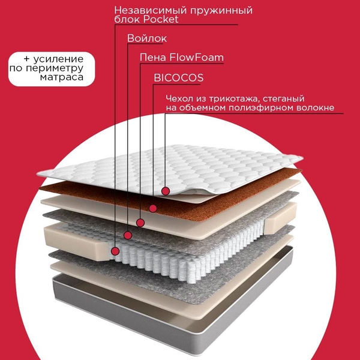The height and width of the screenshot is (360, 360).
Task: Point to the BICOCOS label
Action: [x=178, y=77]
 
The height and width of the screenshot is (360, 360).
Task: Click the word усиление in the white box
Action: [x=58, y=59]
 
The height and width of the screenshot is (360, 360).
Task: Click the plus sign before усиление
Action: [x=26, y=59]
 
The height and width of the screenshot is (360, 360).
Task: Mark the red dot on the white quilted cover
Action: [x=166, y=191]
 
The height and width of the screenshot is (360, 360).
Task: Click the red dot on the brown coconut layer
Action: [x=153, y=209]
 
